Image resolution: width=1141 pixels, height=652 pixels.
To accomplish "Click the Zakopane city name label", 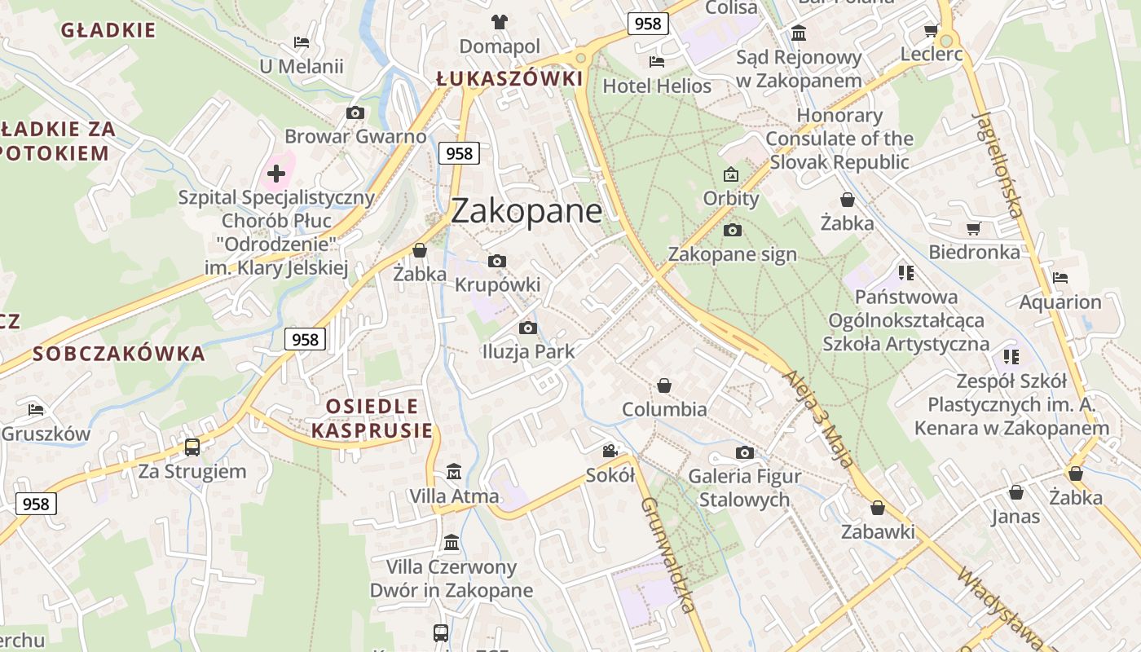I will (x=526, y=211).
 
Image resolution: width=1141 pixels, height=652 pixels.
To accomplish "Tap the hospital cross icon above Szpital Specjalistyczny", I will (x=276, y=173).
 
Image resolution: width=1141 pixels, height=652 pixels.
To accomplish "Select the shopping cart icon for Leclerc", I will (x=931, y=31).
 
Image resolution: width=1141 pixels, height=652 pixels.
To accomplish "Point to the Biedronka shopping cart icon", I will (x=973, y=229).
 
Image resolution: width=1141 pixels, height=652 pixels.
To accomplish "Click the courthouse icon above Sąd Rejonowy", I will (x=799, y=33).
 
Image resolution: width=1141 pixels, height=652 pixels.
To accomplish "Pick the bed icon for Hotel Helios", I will (x=657, y=62).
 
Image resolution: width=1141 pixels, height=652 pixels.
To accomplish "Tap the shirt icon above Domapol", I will (x=499, y=22).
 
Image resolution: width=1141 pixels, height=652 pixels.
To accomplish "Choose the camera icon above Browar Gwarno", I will (x=355, y=113).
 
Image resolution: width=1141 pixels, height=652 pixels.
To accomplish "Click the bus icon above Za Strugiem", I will (x=192, y=447).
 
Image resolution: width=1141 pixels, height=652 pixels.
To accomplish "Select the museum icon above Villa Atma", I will (x=454, y=472).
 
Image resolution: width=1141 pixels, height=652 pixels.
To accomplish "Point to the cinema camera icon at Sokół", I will (x=610, y=451).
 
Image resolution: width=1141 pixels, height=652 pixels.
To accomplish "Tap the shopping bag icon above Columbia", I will (x=664, y=385).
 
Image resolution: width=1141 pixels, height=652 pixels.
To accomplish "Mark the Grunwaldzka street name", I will (x=667, y=553).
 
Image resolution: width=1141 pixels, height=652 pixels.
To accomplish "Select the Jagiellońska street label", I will (x=998, y=164).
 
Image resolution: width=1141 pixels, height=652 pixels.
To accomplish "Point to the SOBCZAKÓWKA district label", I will (x=119, y=354).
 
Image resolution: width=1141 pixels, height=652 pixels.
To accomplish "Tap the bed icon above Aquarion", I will (x=1059, y=278).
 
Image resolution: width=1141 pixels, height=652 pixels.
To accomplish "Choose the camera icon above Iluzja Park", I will (x=528, y=328).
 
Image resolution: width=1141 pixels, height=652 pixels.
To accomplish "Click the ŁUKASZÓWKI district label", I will (x=509, y=79).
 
